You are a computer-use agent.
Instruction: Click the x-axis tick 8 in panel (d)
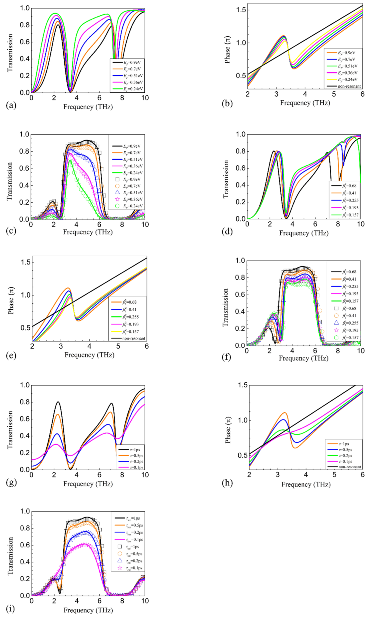pyautogui.click(x=338, y=224)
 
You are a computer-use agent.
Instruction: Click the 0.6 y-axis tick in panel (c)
pyautogui.click(x=25, y=168)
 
